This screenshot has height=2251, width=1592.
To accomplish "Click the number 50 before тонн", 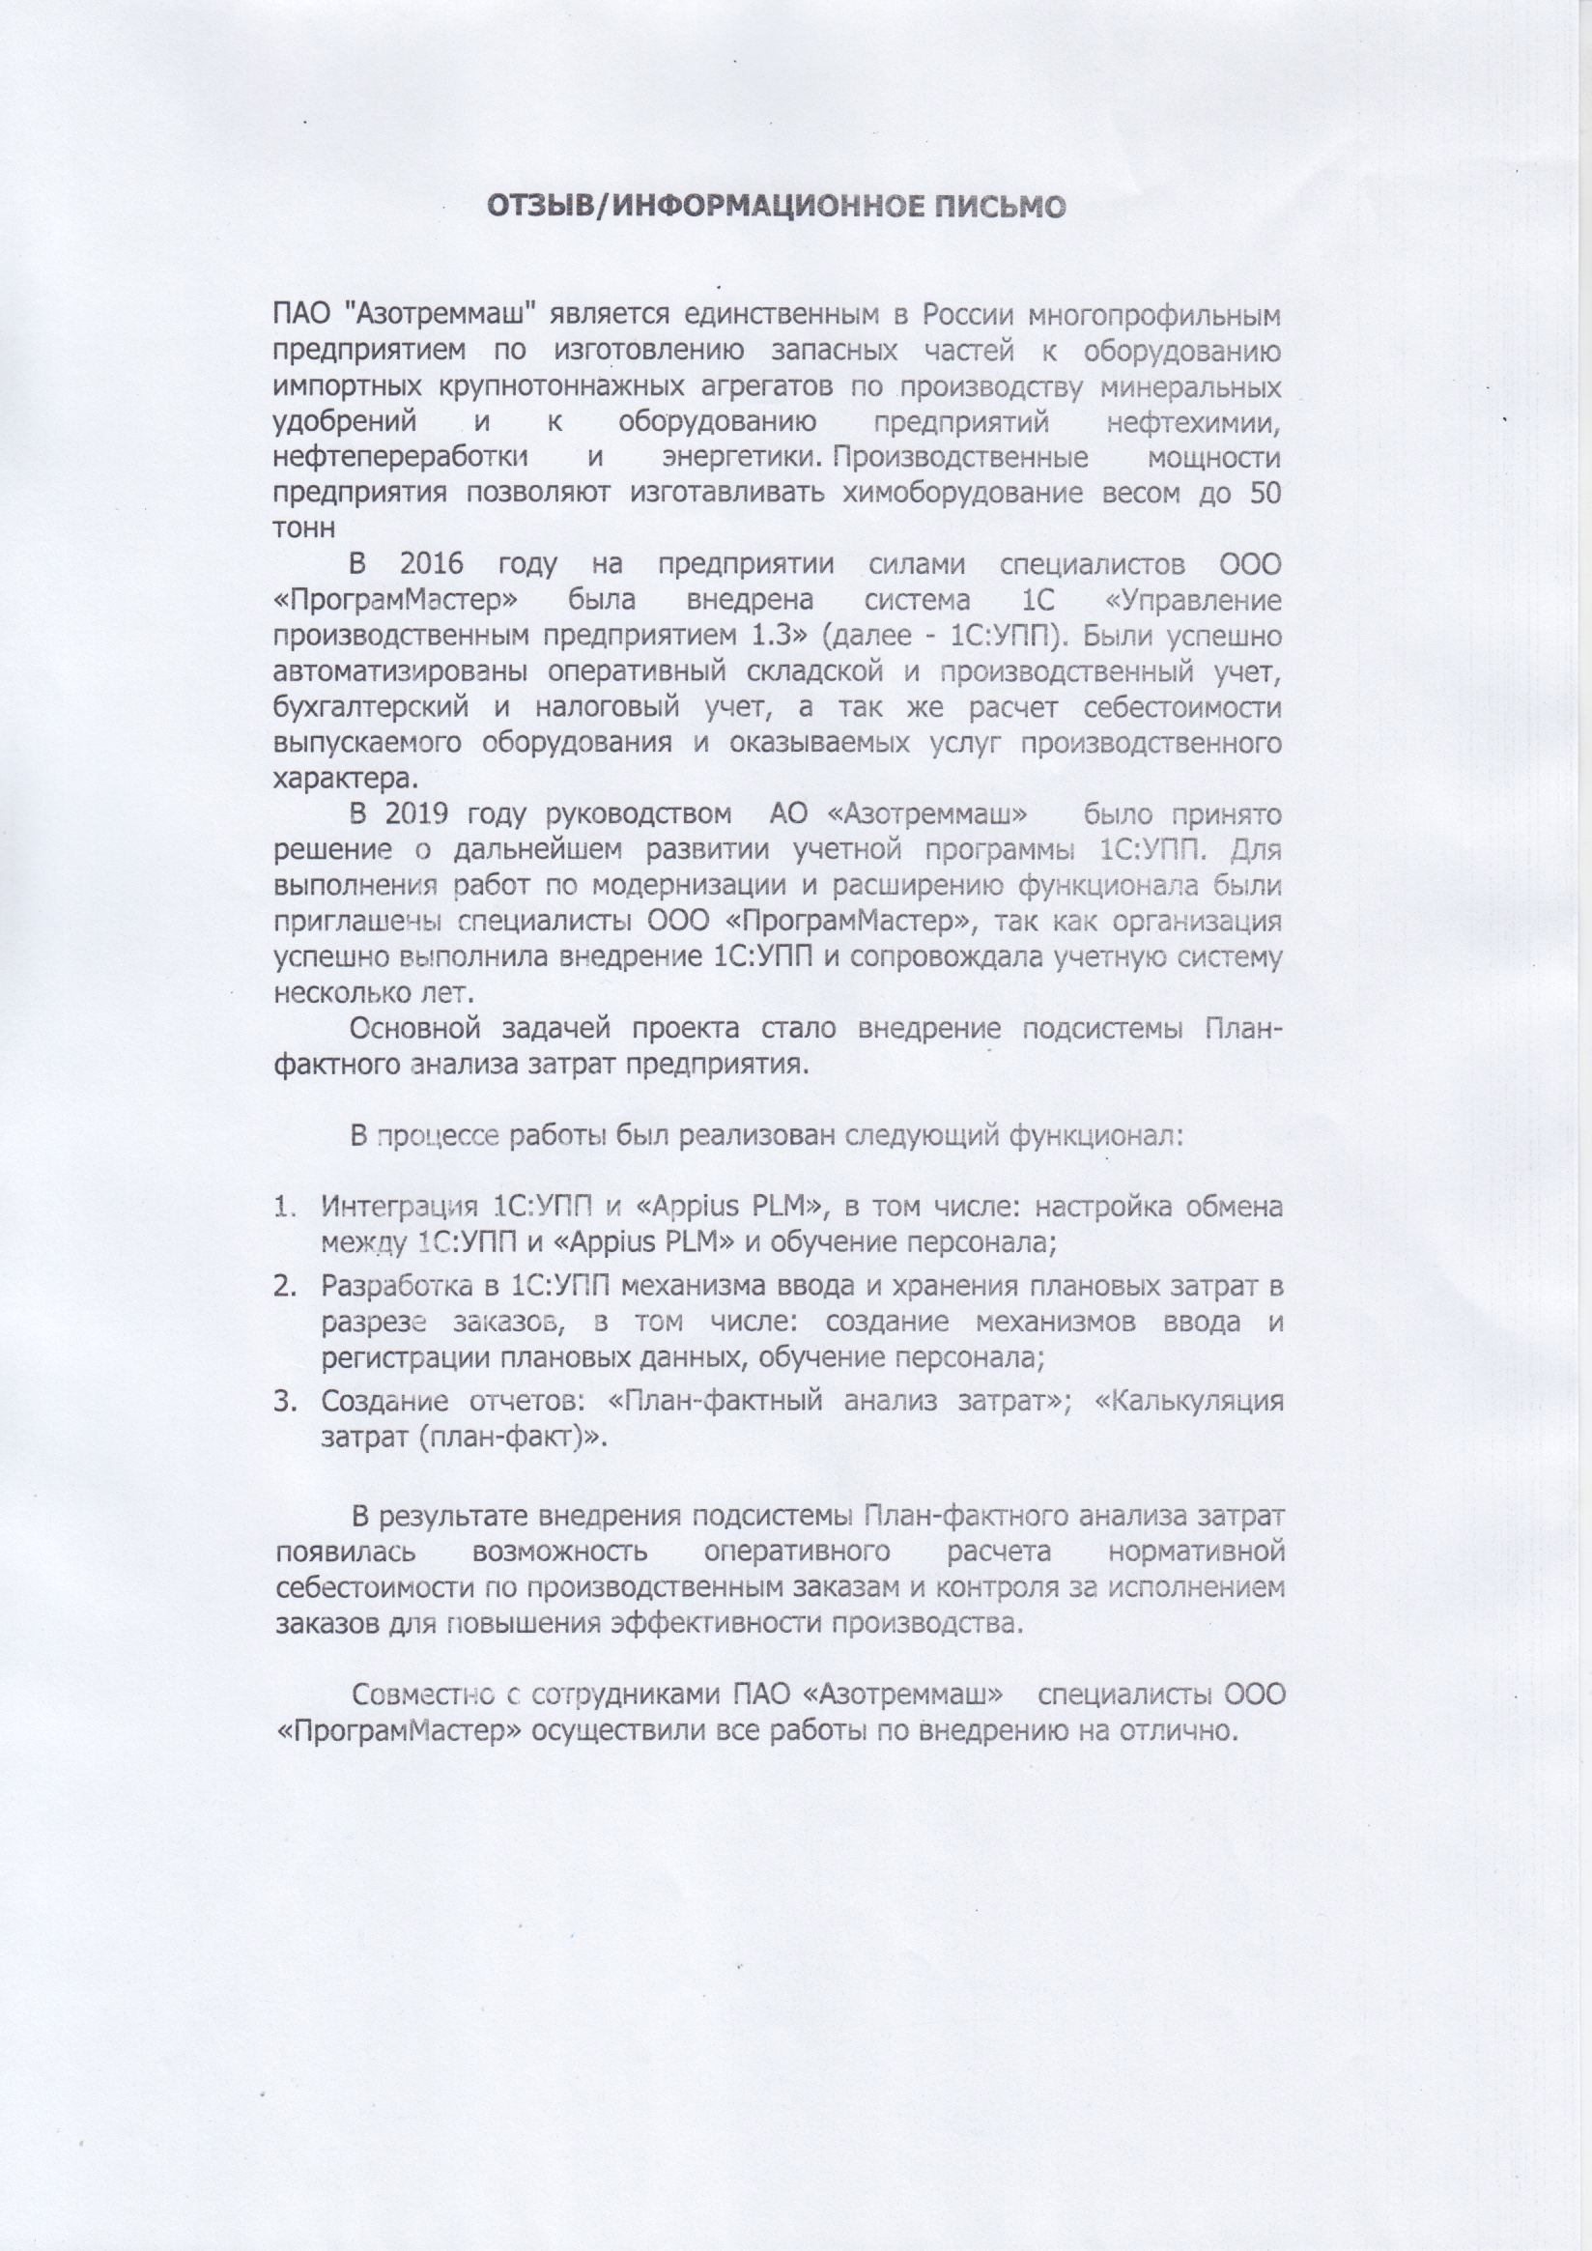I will (1265, 492).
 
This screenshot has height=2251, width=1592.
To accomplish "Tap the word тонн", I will (306, 527).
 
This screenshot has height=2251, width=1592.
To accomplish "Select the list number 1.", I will (282, 1207).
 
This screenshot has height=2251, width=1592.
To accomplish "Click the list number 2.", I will (282, 1285).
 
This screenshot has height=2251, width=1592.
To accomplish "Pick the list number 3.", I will (282, 1400).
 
